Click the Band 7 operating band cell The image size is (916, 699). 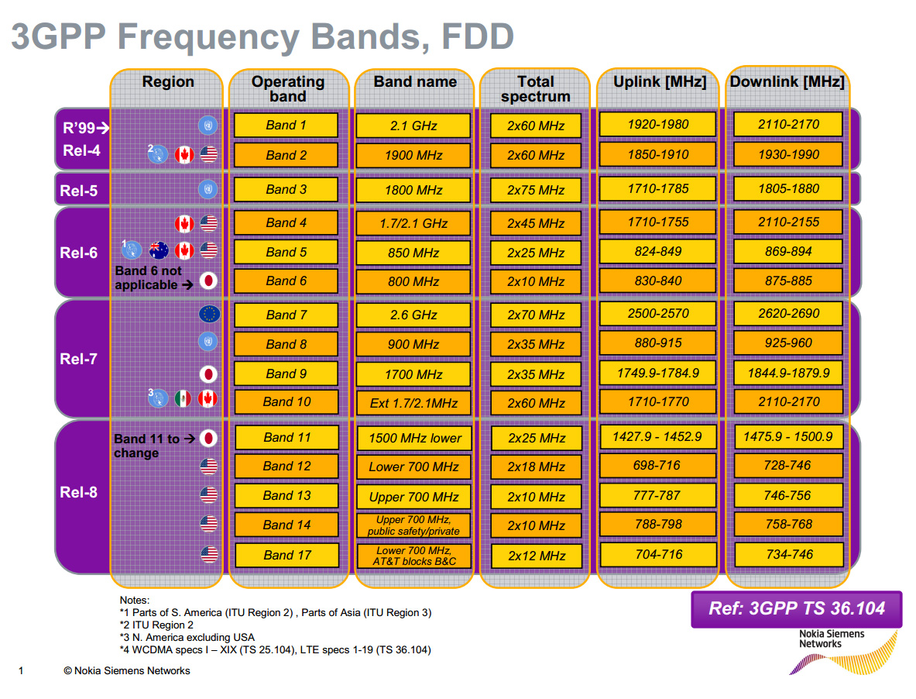(x=286, y=315)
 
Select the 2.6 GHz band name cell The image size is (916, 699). (x=413, y=315)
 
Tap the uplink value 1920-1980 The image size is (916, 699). (x=658, y=124)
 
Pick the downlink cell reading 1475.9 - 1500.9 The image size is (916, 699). (x=787, y=437)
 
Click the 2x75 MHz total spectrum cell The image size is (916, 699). (x=536, y=190)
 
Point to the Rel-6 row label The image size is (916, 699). (x=79, y=253)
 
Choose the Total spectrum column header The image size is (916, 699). (x=536, y=88)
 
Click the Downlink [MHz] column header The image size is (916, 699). (x=787, y=82)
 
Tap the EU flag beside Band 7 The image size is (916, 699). (x=209, y=314)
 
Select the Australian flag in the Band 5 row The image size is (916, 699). (x=159, y=250)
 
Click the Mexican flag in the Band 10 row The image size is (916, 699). (x=184, y=398)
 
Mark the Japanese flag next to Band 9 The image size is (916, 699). (x=208, y=373)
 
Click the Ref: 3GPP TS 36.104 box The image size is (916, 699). (x=796, y=608)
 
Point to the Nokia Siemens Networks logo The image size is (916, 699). (x=840, y=651)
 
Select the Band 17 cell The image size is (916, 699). (x=286, y=555)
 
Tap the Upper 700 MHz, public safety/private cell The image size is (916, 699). (x=413, y=525)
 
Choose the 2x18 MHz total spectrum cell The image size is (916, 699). (x=536, y=467)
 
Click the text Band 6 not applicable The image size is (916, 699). (x=149, y=277)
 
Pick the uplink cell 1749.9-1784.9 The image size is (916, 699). (x=658, y=373)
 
